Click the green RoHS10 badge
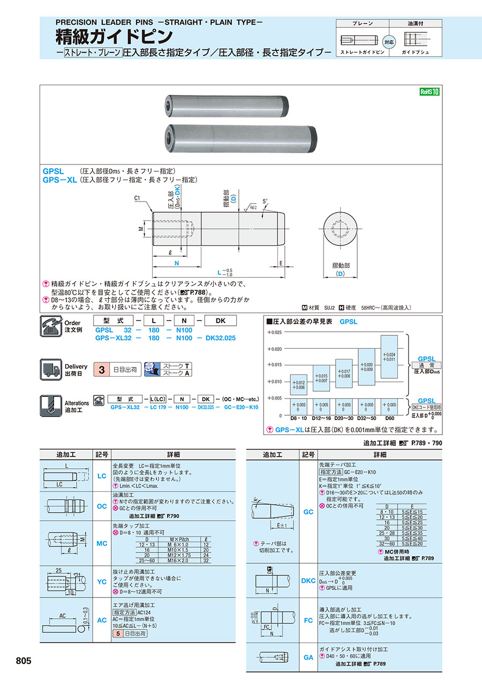point(429,92)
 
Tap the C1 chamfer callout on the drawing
point(138,198)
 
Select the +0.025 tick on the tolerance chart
point(274,333)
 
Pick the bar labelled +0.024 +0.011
point(389,357)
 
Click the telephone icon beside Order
point(51,326)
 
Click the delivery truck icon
point(51,369)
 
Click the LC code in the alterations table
point(102,476)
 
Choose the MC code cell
point(102,543)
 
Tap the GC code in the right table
point(308,512)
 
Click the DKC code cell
point(308,581)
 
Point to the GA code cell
point(308,657)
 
